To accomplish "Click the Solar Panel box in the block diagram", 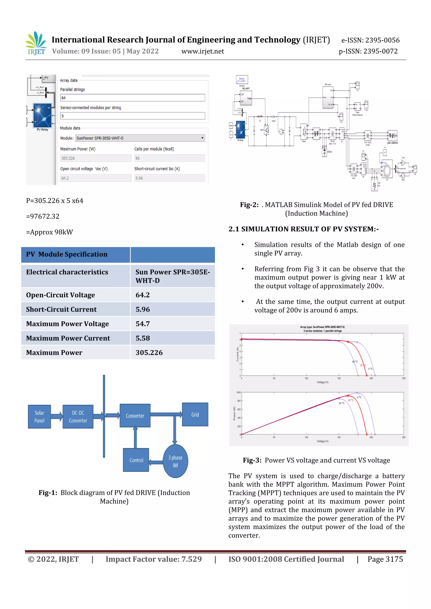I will [x=39, y=416].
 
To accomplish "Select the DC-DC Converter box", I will [x=78, y=416].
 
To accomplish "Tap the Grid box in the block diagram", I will [x=195, y=414].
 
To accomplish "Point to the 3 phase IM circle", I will [x=175, y=461].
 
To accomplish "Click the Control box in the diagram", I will [x=136, y=460].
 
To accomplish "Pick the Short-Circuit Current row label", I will [x=61, y=309].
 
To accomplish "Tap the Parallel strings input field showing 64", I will [x=132, y=98].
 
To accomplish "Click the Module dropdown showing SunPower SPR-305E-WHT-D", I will [x=140, y=138].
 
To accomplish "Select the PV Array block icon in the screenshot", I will [x=42, y=115].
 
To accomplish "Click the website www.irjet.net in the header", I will [x=202, y=51].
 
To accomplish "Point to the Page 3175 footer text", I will [x=385, y=559].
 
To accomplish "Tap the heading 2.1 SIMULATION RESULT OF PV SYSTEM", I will [x=303, y=229].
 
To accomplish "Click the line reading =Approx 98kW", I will [x=49, y=232].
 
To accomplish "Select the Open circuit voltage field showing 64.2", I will [x=96, y=178].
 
